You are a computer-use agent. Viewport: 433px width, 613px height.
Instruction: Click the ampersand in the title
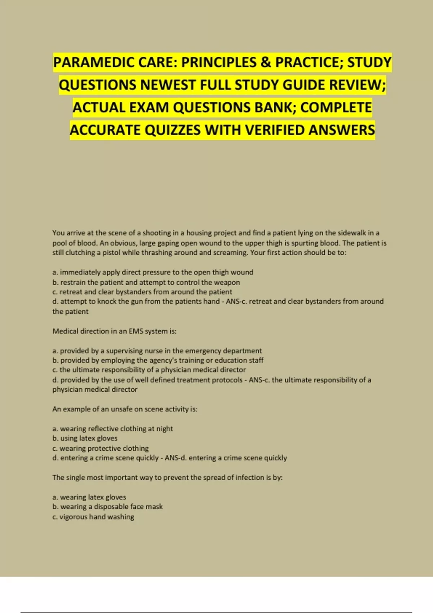click(265, 62)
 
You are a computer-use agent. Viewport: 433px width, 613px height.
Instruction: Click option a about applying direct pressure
click(153, 272)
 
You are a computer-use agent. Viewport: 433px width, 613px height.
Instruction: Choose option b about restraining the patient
click(146, 282)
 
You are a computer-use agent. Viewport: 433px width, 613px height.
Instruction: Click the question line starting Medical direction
click(114, 331)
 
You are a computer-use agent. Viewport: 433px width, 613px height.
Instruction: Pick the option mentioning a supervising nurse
click(157, 350)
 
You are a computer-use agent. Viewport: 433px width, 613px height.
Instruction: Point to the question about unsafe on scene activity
click(125, 409)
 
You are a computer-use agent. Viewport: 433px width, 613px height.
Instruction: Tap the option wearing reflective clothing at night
click(113, 429)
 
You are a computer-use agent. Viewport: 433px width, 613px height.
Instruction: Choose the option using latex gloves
click(85, 438)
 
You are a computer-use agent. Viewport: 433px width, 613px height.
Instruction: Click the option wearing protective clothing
click(100, 448)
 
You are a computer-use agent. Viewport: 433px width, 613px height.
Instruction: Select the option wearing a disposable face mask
click(108, 507)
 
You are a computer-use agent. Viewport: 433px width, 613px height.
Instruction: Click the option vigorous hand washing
click(93, 517)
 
